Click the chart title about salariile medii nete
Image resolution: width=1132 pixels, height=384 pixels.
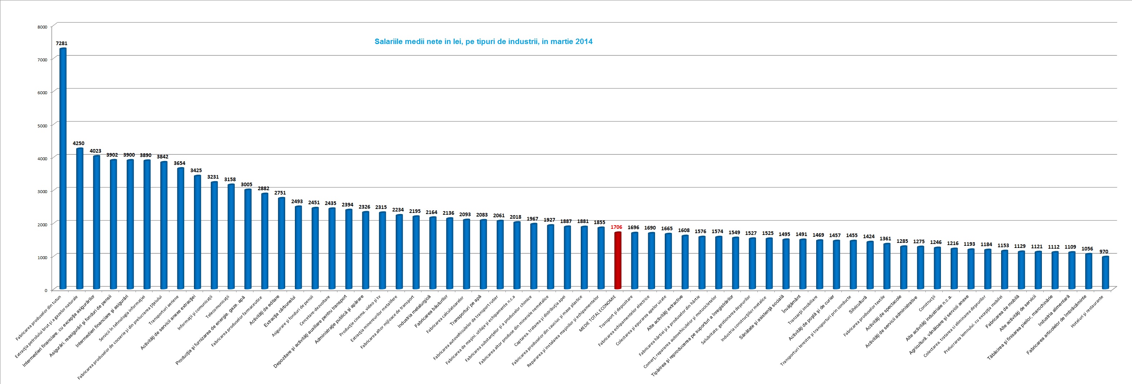click(x=483, y=42)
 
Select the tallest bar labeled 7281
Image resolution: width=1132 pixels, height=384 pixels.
click(x=63, y=167)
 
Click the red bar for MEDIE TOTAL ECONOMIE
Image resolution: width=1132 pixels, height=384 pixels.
click(x=618, y=261)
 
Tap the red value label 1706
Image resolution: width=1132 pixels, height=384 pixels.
click(x=616, y=227)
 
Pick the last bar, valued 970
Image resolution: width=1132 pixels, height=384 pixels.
click(x=1105, y=273)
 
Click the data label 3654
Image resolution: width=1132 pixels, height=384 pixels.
click(x=179, y=163)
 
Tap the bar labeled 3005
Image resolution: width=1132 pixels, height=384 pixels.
click(x=248, y=239)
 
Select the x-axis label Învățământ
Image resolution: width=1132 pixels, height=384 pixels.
click(x=792, y=304)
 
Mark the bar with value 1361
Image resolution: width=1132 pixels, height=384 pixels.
click(x=887, y=266)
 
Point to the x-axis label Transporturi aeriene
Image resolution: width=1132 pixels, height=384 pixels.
click(x=164, y=310)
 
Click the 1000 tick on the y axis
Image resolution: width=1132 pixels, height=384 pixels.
click(x=42, y=257)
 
